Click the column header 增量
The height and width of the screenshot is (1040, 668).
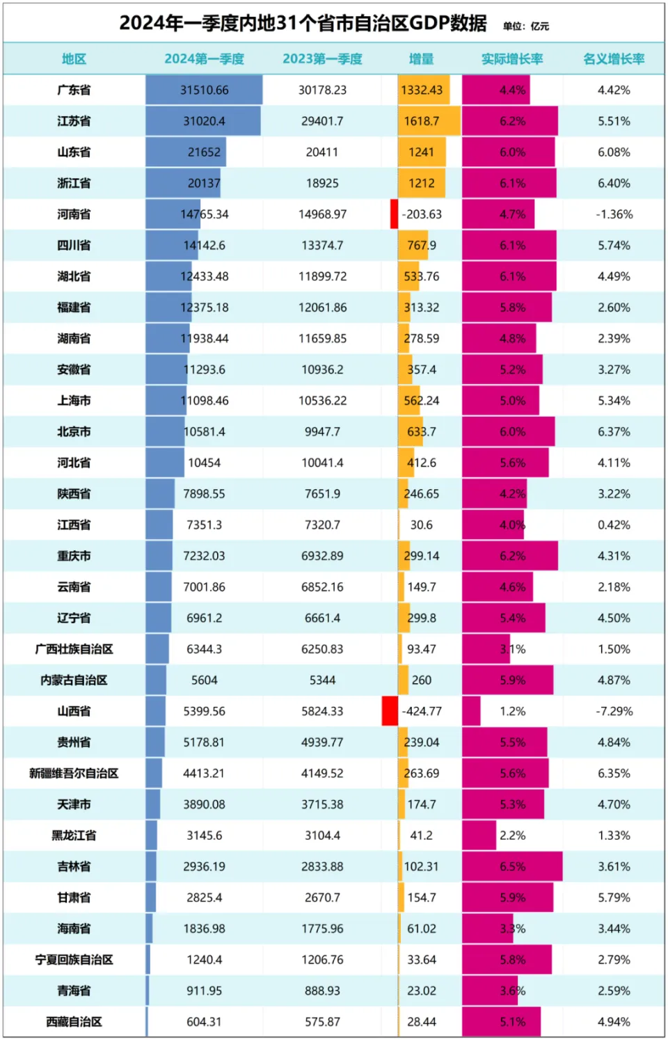click(x=421, y=59)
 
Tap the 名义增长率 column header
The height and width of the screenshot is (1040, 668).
click(x=614, y=59)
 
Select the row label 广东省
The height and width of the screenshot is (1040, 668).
click(x=74, y=90)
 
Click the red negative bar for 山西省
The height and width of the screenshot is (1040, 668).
click(x=390, y=711)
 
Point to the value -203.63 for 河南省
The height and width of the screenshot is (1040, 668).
click(x=422, y=214)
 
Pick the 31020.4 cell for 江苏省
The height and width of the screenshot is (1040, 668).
click(x=204, y=121)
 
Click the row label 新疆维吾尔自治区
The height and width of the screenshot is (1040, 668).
click(x=74, y=774)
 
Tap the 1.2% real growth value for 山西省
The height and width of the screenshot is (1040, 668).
click(x=512, y=712)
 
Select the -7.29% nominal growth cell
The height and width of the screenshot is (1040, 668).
click(x=614, y=712)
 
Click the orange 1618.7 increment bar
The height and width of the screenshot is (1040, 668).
click(x=429, y=121)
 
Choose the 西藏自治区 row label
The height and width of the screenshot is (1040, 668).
click(x=74, y=1022)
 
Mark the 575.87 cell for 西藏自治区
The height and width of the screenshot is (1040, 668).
click(x=322, y=1022)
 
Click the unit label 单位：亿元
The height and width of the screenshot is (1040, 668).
click(x=526, y=26)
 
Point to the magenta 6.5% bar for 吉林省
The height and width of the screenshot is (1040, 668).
click(x=512, y=867)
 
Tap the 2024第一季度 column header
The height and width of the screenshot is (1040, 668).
click(x=204, y=59)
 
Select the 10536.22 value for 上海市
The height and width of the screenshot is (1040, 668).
click(x=322, y=401)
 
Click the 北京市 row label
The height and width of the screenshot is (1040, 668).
click(x=74, y=432)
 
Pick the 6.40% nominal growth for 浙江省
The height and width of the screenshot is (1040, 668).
click(x=614, y=184)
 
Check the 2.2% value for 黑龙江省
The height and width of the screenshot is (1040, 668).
click(x=512, y=835)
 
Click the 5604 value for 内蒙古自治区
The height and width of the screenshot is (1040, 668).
click(x=204, y=680)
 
